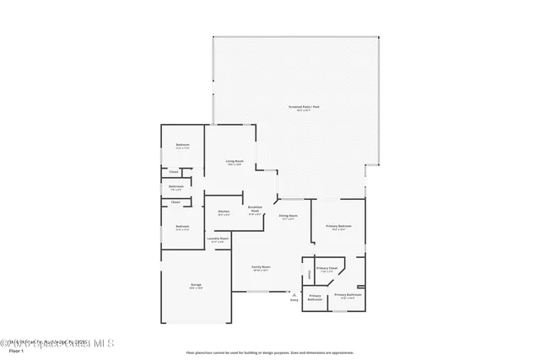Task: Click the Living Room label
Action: (234, 161)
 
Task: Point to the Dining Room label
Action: (289, 216)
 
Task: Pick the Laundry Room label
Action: (218, 239)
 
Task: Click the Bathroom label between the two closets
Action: (176, 186)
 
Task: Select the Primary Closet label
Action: (327, 268)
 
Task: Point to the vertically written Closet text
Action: (310, 273)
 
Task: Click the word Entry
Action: (294, 299)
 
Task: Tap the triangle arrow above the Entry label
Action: (294, 294)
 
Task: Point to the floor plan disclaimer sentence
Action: (269, 352)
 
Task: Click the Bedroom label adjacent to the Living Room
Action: (182, 145)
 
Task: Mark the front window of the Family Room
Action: (257, 292)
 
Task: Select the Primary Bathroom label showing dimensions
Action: (348, 295)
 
